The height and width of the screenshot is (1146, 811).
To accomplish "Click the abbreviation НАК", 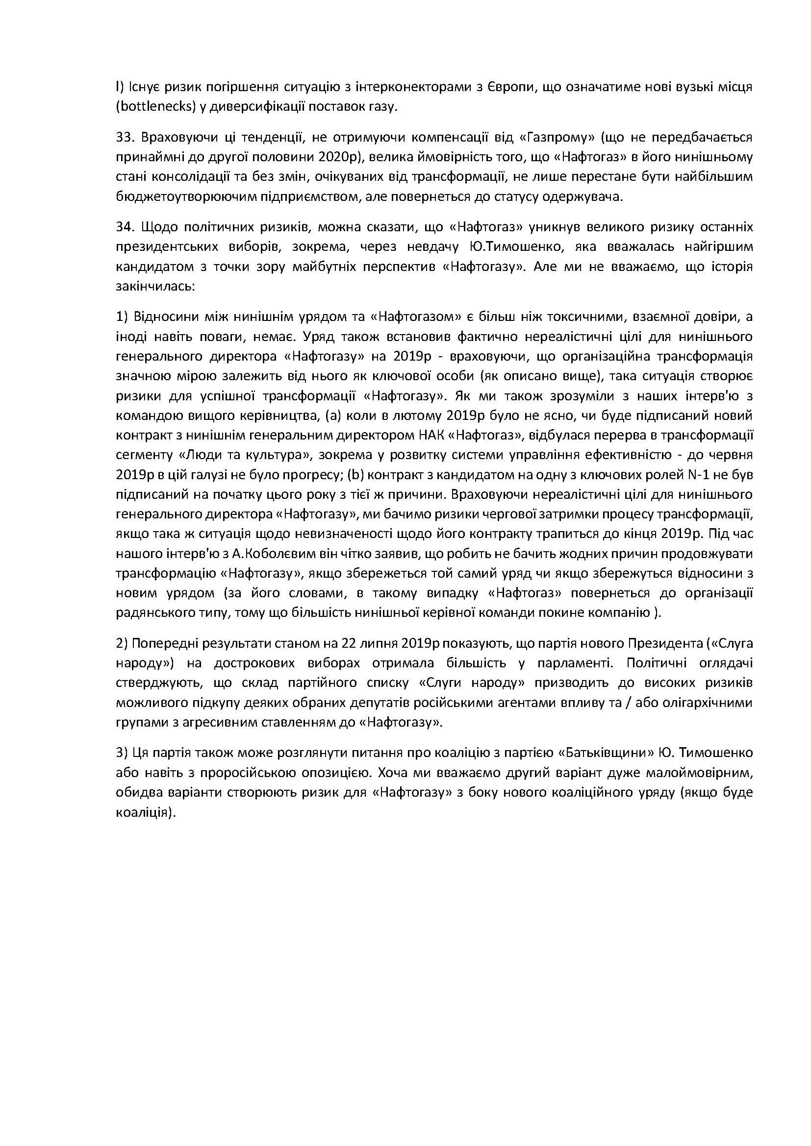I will pyautogui.click(x=429, y=435).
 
